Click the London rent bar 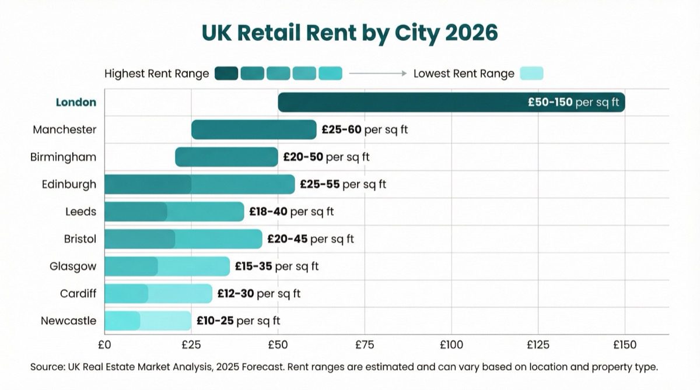tap(408, 102)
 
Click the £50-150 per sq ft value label tap(574, 102)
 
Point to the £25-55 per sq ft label tap(343, 184)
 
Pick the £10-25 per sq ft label tap(238, 321)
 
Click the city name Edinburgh tap(69, 184)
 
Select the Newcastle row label tap(68, 321)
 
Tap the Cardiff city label tap(78, 293)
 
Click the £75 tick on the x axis tap(365, 345)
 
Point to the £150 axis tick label tap(625, 345)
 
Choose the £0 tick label tap(104, 345)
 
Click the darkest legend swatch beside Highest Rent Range tap(226, 73)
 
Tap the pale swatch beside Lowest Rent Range tap(531, 73)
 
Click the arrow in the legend tap(377, 73)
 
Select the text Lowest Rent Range tap(464, 73)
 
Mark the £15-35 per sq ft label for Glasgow tap(276, 266)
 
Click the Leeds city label tap(80, 212)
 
